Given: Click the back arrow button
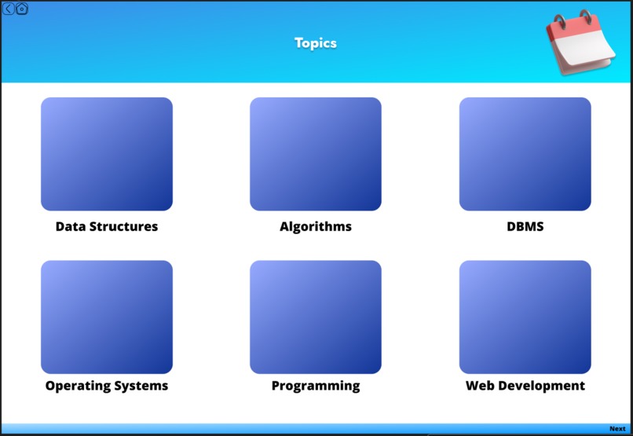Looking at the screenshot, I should (x=9, y=9).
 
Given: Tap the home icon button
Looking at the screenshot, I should (x=22, y=9).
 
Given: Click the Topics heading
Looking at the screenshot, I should (x=316, y=43).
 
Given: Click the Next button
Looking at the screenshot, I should (x=617, y=429).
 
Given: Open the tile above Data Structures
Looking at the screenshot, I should (x=107, y=154).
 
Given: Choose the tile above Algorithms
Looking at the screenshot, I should (x=316, y=154).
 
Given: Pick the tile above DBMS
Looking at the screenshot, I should (x=525, y=154).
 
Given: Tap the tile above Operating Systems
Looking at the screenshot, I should (x=107, y=317).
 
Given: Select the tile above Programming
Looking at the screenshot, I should (x=316, y=317).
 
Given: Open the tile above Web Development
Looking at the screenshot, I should (x=525, y=317).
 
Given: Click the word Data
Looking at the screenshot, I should (x=70, y=227).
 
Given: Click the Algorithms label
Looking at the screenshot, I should (x=316, y=227).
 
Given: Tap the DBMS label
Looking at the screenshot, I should (x=525, y=227).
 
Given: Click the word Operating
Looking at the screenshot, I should (x=79, y=386).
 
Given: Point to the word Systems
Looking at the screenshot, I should (x=142, y=386).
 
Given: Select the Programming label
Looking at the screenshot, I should (x=316, y=386).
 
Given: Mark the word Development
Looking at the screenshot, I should (x=541, y=386).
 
